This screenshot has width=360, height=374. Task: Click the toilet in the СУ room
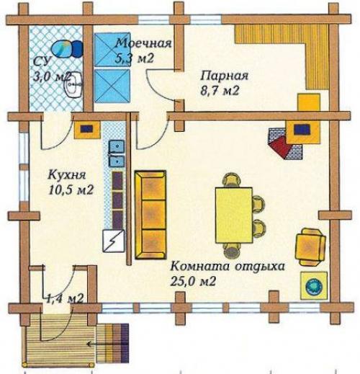pyautogui.click(x=67, y=49)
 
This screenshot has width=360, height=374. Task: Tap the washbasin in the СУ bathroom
pyautogui.click(x=73, y=85)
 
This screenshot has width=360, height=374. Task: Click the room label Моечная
pyautogui.click(x=144, y=43)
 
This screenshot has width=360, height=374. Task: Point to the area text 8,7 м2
pyautogui.click(x=220, y=91)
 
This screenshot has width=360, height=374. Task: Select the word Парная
pyautogui.click(x=225, y=76)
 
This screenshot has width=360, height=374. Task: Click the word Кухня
pyautogui.click(x=67, y=174)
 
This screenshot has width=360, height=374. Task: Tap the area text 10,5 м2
pyautogui.click(x=71, y=190)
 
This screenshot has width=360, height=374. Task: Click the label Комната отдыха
pyautogui.click(x=228, y=267)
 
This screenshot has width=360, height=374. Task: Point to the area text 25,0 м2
pyautogui.click(x=193, y=281)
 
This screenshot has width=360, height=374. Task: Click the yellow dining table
pyautogui.click(x=234, y=215)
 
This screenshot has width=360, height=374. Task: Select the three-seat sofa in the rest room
pyautogui.click(x=150, y=215)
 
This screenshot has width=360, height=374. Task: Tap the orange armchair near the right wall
pyautogui.click(x=310, y=246)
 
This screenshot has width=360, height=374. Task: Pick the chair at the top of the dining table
pyautogui.click(x=232, y=180)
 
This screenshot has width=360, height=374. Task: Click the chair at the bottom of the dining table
pyautogui.click(x=232, y=250)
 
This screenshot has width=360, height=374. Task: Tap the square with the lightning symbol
pyautogui.click(x=114, y=241)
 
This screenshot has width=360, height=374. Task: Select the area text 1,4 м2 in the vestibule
pyautogui.click(x=65, y=299)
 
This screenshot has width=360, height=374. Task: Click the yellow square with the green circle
pyautogui.click(x=314, y=285)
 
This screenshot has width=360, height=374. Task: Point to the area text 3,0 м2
pyautogui.click(x=52, y=77)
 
